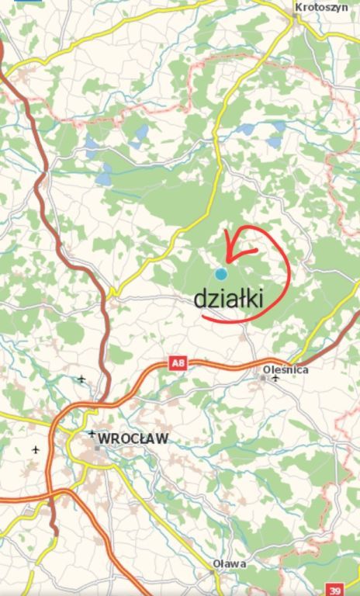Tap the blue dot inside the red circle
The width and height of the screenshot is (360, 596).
[x=221, y=273]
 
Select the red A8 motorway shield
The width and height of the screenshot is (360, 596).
[x=178, y=362]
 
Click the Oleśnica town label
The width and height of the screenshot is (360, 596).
[x=286, y=369]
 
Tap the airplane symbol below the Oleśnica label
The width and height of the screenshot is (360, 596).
[x=275, y=379]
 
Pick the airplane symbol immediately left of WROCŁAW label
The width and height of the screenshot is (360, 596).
[x=92, y=434]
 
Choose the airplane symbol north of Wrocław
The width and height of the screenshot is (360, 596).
[x=81, y=379]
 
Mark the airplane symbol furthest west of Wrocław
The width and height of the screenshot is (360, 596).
[x=36, y=449]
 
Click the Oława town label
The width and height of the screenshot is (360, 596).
[x=230, y=563]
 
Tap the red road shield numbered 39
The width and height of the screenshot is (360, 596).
[x=334, y=589]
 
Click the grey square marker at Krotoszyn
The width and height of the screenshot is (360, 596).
[x=296, y=16]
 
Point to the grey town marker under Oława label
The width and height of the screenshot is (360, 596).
[x=213, y=573]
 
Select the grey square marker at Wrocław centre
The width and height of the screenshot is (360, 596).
[x=98, y=448]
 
